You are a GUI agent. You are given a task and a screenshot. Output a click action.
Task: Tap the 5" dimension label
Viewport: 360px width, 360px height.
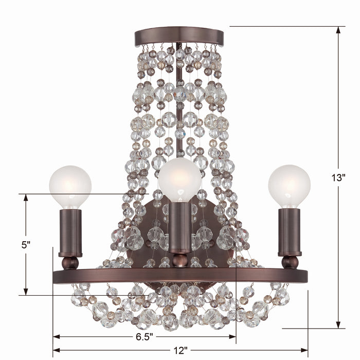pyautogui.click(x=26, y=245)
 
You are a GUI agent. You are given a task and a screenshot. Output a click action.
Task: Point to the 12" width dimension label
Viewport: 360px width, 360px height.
pyautogui.click(x=180, y=351)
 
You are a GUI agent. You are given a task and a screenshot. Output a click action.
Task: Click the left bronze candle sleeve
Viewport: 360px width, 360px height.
pyautogui.click(x=70, y=231)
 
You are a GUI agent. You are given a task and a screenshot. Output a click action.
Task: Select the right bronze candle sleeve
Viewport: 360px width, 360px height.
pyautogui.click(x=289, y=231)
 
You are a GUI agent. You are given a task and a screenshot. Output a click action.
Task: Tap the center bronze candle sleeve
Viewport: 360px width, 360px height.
pyautogui.click(x=179, y=226)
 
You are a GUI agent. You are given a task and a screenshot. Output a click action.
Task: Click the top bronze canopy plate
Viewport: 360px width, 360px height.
pyautogui.click(x=179, y=37)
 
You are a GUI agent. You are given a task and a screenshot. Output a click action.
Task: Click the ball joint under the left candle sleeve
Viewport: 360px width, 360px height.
pyautogui.click(x=70, y=263)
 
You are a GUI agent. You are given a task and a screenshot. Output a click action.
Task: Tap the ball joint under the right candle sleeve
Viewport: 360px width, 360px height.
pyautogui.click(x=290, y=263)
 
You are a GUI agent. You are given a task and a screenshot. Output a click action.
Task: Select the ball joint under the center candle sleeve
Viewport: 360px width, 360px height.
pyautogui.click(x=179, y=260)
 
